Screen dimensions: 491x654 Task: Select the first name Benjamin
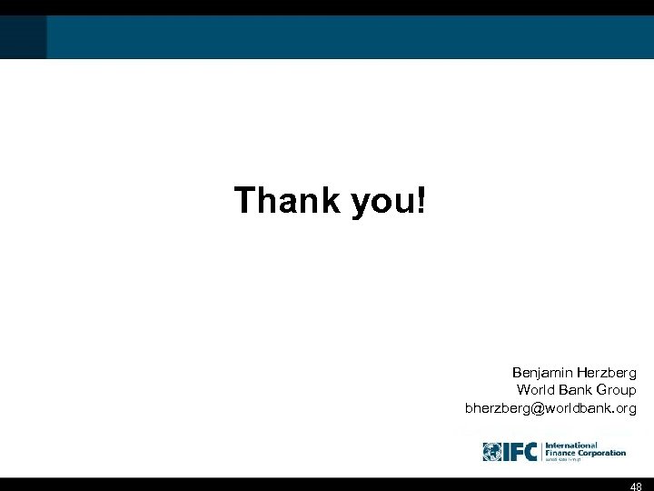(542, 373)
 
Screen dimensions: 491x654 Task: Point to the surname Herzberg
(607, 373)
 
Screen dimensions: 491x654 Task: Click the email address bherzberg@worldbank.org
(550, 407)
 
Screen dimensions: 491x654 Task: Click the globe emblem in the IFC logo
(492, 452)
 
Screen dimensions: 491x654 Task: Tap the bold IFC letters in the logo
(520, 452)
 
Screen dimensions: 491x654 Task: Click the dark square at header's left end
(24, 36)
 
